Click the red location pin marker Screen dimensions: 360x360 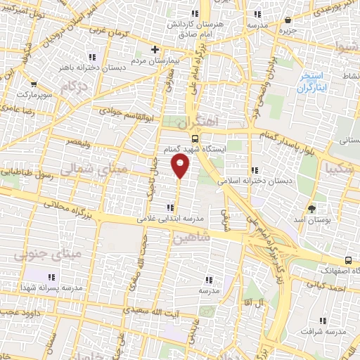180,166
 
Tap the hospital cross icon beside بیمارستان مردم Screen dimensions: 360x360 155,49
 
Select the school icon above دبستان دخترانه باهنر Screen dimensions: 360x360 91,56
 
